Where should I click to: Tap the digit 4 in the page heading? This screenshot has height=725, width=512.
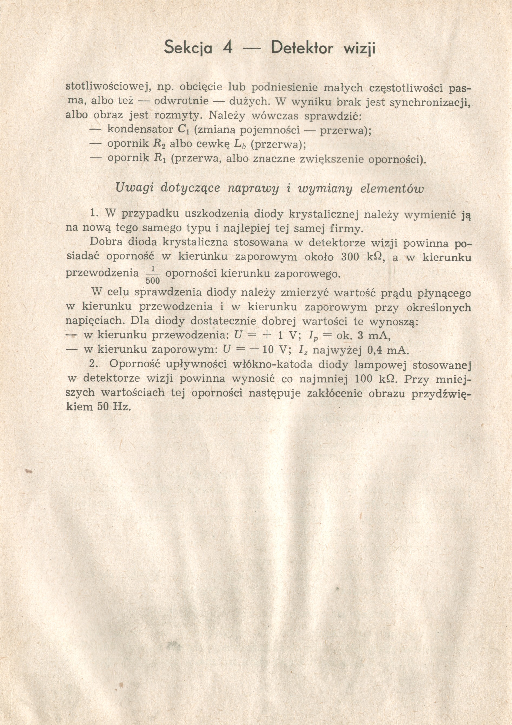227,48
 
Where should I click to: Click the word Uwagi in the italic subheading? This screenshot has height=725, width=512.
135,188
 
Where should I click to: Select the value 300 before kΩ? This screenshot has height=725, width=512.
351,257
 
